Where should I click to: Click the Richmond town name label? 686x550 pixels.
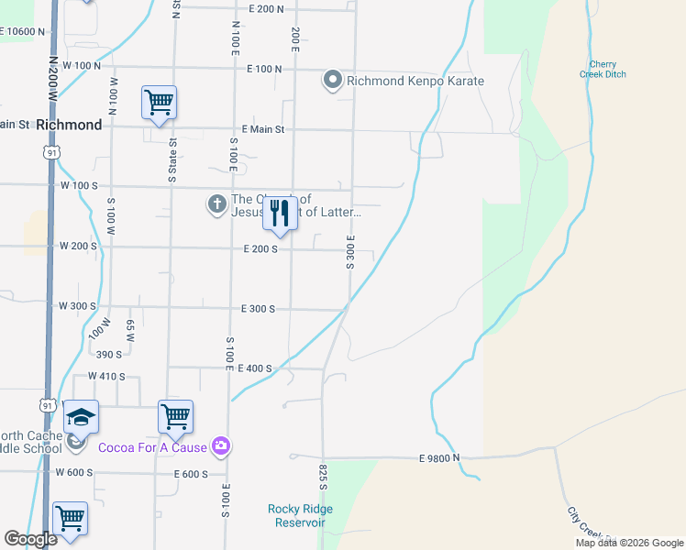69,125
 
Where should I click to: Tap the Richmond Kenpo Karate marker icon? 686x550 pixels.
332,81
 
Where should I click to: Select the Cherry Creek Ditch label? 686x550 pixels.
603,69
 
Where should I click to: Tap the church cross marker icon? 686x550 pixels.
216,204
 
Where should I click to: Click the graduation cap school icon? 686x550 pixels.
81,417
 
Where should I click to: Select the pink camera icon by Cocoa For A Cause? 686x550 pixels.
220,446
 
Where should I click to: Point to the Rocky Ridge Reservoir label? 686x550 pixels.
300,515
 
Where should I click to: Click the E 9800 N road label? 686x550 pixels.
438,457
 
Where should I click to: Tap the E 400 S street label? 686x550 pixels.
255,368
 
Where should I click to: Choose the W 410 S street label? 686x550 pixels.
106,376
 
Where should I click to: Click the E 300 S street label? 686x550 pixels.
258,309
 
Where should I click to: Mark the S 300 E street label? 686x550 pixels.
350,251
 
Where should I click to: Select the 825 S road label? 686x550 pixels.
324,475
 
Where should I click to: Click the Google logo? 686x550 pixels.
30,539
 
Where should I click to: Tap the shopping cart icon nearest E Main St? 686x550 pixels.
159,103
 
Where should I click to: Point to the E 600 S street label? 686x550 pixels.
191,474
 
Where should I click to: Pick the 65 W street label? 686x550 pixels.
130,330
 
